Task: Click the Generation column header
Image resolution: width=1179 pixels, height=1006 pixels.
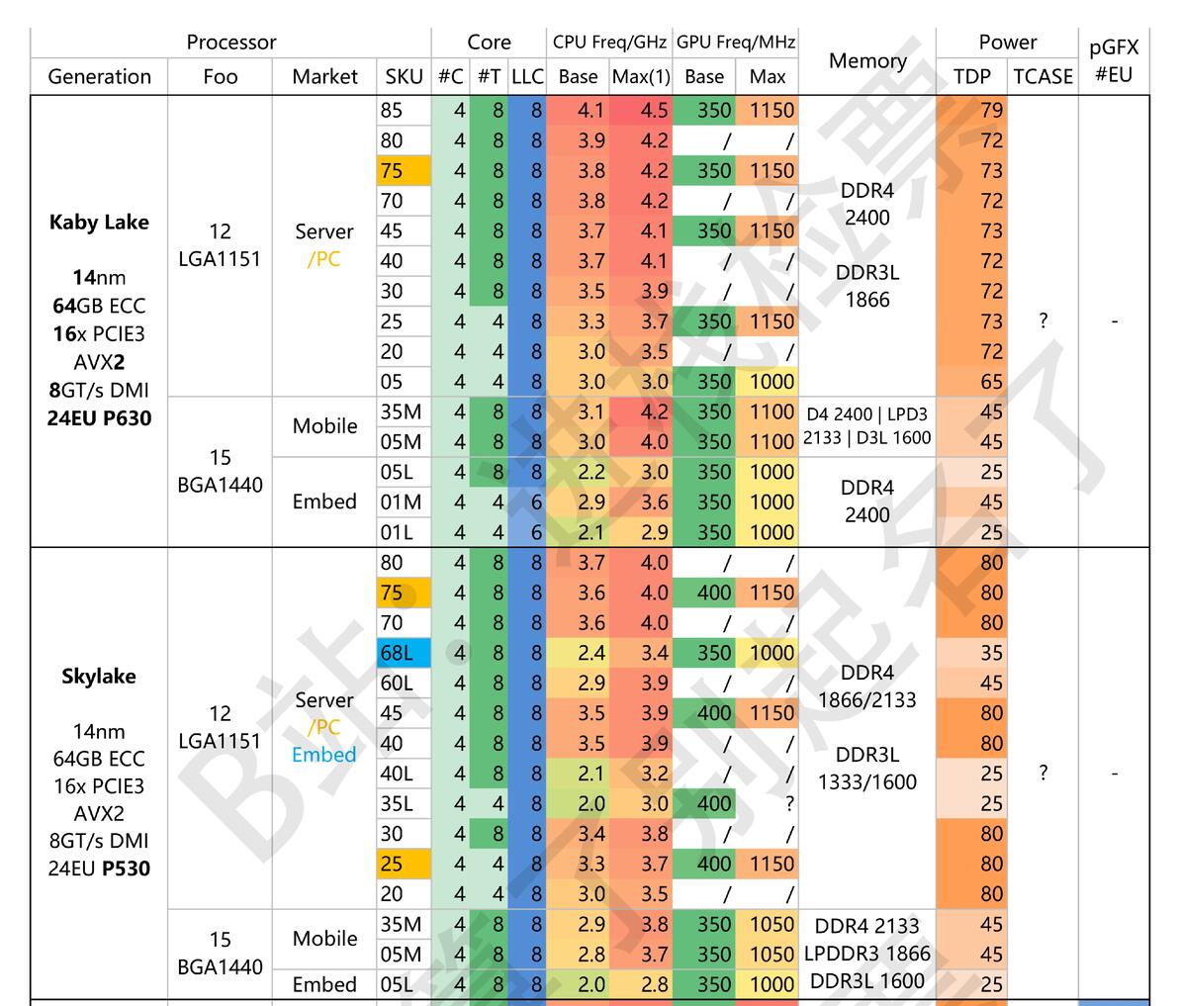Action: [99, 77]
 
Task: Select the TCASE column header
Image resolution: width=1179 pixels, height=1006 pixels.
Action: [1043, 77]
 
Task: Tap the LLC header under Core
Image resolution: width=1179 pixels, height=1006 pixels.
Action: [527, 77]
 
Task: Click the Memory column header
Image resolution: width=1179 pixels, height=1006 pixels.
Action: [867, 60]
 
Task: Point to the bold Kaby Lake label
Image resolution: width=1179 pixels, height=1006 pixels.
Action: [99, 222]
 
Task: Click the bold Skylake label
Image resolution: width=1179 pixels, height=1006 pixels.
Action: [99, 677]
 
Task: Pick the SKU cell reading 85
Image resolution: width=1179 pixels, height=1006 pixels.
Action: [392, 111]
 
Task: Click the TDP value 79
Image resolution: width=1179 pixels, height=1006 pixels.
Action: [991, 111]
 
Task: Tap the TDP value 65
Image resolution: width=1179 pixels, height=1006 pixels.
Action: [991, 382]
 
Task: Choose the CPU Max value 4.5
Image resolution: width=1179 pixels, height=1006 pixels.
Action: [654, 111]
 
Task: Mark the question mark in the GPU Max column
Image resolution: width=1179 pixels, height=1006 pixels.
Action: [789, 804]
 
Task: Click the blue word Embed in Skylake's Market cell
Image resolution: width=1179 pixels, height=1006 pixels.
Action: [323, 755]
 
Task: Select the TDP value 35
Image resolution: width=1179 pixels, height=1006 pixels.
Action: [991, 653]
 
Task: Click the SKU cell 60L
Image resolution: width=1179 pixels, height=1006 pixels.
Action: [397, 684]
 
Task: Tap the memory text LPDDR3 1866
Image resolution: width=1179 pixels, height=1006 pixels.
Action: [866, 954]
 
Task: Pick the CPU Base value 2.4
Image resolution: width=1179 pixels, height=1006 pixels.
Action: [591, 653]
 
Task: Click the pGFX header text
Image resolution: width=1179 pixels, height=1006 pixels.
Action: [1114, 47]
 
